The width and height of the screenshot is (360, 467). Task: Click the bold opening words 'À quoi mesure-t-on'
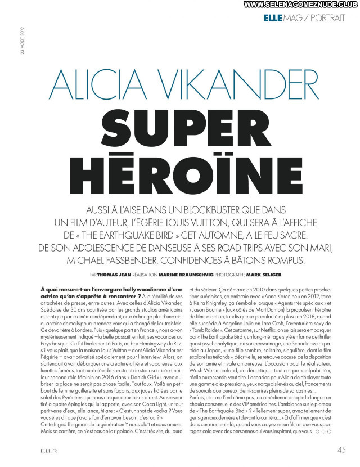(x=73, y=288)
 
